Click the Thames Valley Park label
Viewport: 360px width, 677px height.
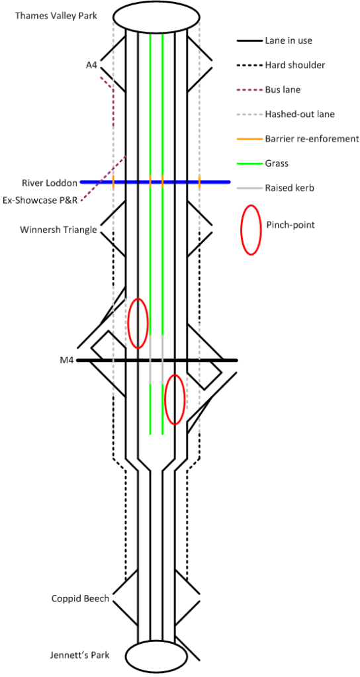56,15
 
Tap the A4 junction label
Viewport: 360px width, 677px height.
91,65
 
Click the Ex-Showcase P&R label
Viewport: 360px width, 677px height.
40,199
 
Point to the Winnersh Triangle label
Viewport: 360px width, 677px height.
58,230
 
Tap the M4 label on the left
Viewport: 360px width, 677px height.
66,361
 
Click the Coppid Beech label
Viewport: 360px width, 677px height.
80,598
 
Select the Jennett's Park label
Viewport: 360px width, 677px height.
79,655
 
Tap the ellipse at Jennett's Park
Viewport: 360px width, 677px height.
156,656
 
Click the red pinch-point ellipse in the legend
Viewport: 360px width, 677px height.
251,230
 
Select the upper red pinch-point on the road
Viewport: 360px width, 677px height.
138,323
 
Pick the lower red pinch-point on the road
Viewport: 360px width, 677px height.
175,399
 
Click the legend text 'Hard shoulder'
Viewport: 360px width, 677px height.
295,65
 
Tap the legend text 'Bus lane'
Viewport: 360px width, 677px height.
283,89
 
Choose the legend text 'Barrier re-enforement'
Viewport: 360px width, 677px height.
312,138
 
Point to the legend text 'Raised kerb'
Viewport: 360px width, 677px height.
289,188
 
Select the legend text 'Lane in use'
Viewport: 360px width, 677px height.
289,40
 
